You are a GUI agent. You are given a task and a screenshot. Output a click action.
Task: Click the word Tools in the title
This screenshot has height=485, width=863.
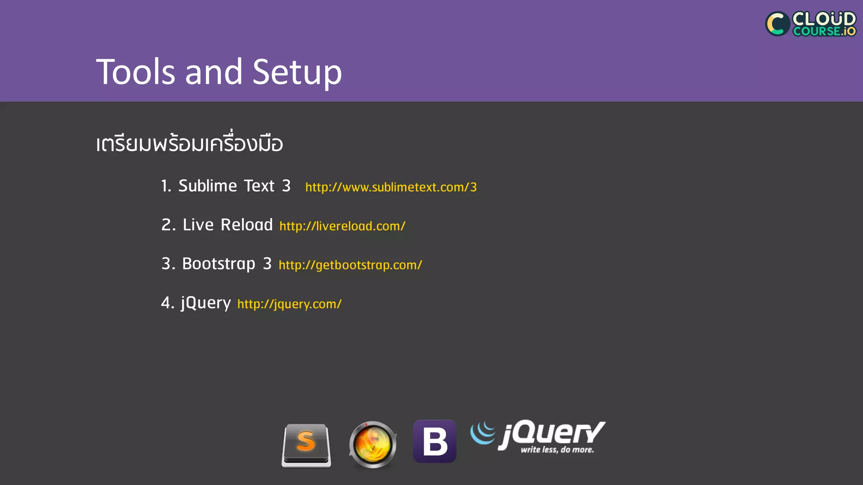coord(135,72)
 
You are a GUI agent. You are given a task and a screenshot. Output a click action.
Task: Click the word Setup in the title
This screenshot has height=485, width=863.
coord(297,72)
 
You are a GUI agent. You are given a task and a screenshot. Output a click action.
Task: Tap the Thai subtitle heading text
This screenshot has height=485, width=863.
coord(189,144)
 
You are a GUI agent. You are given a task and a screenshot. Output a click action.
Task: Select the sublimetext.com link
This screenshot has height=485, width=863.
coord(391,187)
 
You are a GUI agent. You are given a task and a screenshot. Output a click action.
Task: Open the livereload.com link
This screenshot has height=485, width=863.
coord(342,226)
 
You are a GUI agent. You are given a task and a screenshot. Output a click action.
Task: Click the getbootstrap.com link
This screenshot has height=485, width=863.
coord(350,265)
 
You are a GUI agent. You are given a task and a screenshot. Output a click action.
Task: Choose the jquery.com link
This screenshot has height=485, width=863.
coord(289,304)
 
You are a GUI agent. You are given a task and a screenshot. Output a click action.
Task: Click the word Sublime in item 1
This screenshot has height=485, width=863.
coord(208,186)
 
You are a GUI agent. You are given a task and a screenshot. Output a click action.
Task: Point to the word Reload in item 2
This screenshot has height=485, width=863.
coord(247,225)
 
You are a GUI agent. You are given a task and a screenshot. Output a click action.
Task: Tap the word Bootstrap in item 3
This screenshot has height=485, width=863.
coord(219,264)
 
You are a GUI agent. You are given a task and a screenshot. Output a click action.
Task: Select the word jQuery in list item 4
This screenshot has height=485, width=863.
coord(206,303)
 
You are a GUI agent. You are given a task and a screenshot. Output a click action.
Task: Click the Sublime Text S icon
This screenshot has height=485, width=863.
coord(306,445)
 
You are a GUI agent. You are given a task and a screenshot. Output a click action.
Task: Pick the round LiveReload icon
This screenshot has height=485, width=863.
coord(373,445)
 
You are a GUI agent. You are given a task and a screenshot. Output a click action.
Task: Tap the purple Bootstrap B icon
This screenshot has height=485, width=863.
coord(434,441)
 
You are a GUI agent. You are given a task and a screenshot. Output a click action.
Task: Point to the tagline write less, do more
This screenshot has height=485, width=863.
coord(557,450)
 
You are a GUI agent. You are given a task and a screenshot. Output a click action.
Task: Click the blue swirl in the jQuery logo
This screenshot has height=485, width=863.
coord(483,433)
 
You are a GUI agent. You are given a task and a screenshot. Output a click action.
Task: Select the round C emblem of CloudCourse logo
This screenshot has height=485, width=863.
coord(777,24)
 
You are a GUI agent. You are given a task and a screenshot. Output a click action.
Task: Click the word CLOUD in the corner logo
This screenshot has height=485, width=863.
coord(824,19)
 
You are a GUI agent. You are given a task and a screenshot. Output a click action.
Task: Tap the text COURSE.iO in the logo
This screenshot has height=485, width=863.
coord(824,31)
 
